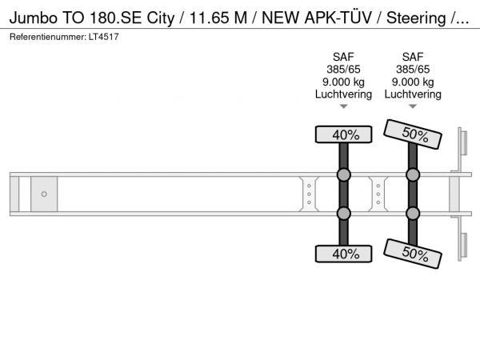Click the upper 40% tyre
[x=343, y=134]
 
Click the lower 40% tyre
[x=343, y=254]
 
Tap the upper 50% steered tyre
[x=413, y=134]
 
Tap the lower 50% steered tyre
[x=413, y=254]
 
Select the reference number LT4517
[x=103, y=37]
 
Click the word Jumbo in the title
[x=34, y=18]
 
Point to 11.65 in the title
[x=209, y=18]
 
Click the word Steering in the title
[x=416, y=18]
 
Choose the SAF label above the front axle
[x=343, y=57]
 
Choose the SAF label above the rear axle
[x=413, y=57]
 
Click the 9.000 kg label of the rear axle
[x=413, y=82]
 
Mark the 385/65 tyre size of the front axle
[x=343, y=70]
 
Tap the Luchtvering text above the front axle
[x=343, y=94]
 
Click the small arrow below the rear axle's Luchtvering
[x=413, y=106]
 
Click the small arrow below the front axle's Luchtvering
[x=343, y=106]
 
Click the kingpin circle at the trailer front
[x=44, y=194]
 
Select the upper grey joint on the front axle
[x=343, y=174]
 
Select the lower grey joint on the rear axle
[x=413, y=214]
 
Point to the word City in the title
[x=161, y=18]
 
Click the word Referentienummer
[x=48, y=37]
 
